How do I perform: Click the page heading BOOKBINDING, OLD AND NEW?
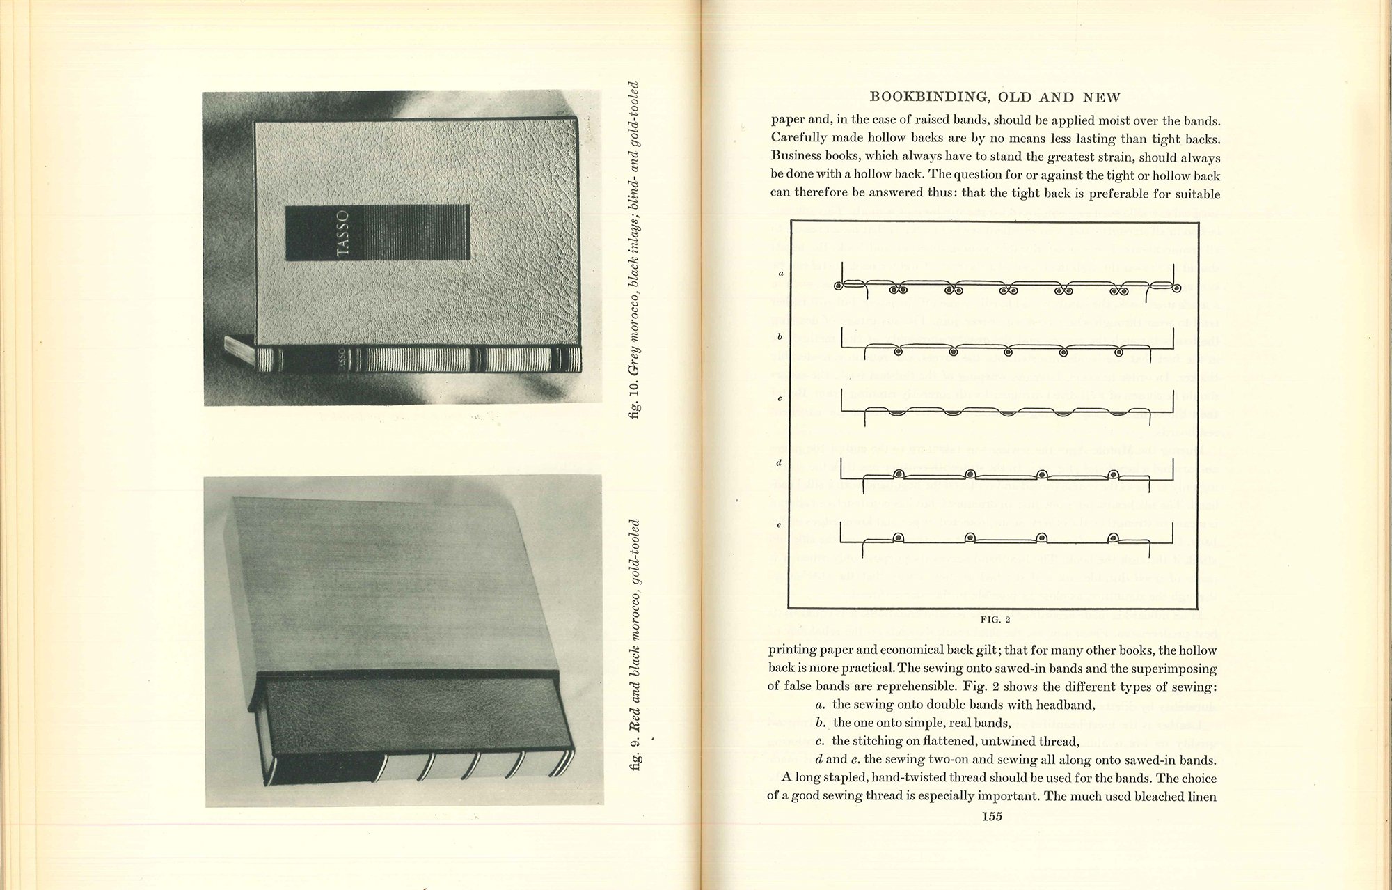(x=995, y=97)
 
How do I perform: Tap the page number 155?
(x=992, y=817)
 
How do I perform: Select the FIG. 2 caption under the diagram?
(x=995, y=619)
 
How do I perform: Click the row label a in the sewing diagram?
(x=781, y=273)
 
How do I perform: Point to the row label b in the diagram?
(x=780, y=336)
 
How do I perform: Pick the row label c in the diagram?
(x=780, y=399)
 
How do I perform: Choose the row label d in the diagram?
(x=780, y=462)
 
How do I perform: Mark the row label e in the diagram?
(x=780, y=525)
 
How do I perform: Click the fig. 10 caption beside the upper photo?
(x=633, y=251)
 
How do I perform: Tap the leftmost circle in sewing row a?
(x=838, y=286)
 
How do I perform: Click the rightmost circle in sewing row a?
(x=1176, y=288)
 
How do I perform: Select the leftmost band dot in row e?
(x=899, y=538)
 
